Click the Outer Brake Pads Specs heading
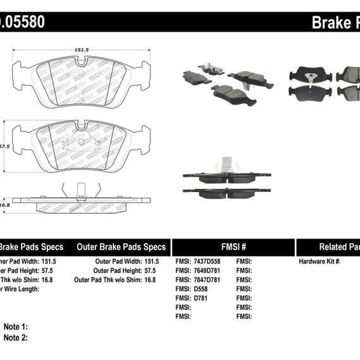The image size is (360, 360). pyautogui.click(x=121, y=248)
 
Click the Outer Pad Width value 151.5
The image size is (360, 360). pyautogui.click(x=151, y=260)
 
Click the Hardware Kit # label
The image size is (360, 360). pyautogui.click(x=320, y=260)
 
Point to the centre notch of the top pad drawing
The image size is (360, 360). pyautogui.click(x=80, y=63)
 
